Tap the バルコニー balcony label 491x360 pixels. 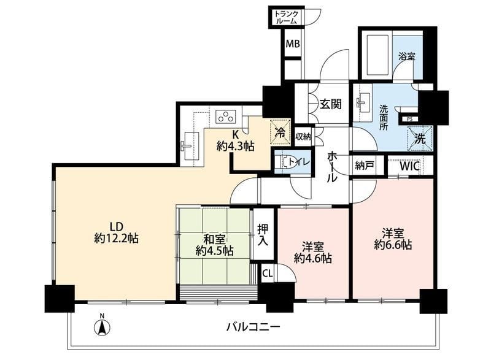coord(253,327)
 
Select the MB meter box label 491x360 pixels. coord(293,44)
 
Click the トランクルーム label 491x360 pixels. coord(286,18)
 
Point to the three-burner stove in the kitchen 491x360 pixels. coord(225,117)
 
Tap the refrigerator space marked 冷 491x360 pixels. coord(280,132)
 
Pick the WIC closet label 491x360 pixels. coord(409,166)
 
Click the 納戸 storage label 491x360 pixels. coord(365,166)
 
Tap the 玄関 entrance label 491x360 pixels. coord(330,104)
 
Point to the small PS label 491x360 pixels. coord(409,119)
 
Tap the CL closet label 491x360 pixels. coord(268,274)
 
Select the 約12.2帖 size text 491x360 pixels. coord(116,239)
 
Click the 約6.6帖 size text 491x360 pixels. coord(393,245)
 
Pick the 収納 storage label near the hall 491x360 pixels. coord(303,136)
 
